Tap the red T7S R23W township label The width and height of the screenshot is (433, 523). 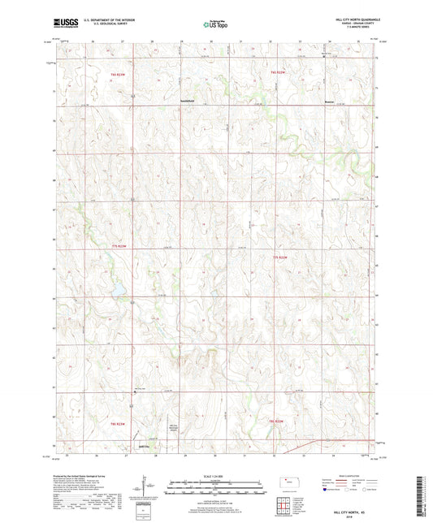pos(119,246)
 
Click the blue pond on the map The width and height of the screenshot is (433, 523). pos(115,288)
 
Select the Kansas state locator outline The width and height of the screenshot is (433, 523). pos(291,485)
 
